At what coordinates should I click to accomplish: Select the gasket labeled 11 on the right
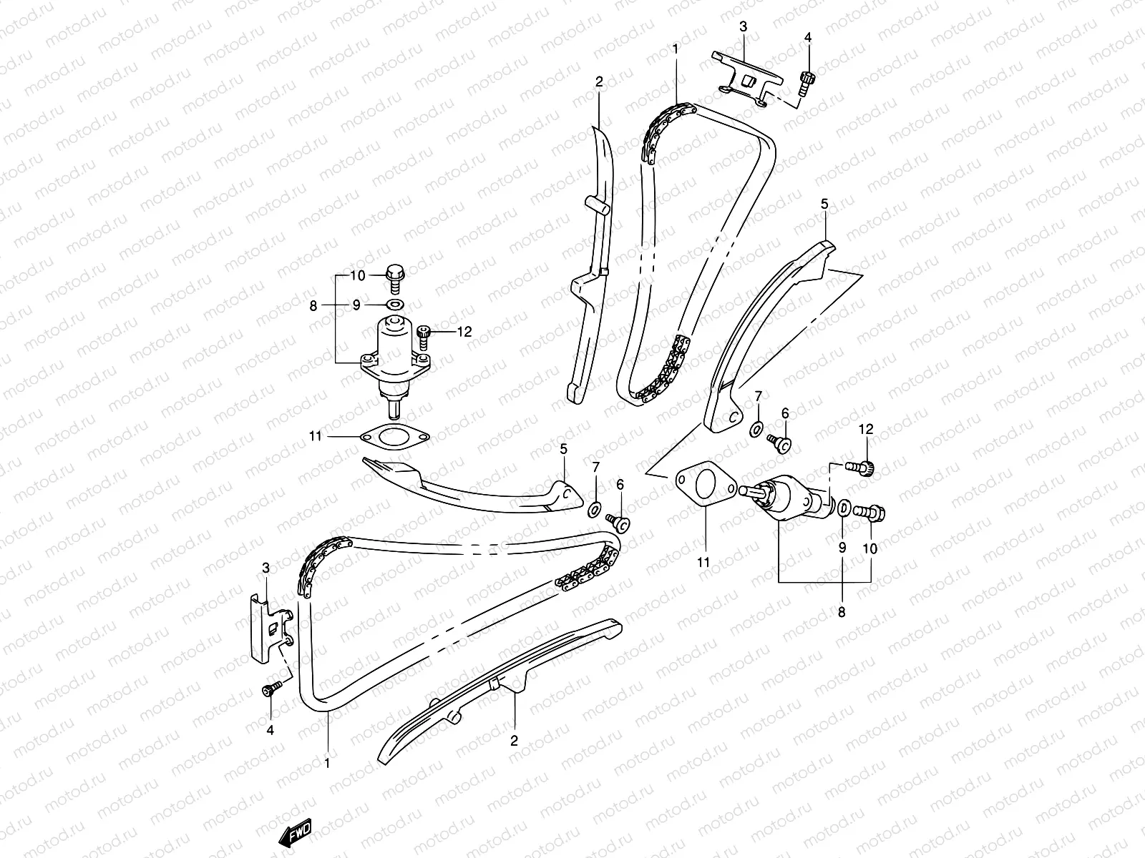[x=704, y=486]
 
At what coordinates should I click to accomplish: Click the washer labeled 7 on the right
[x=756, y=430]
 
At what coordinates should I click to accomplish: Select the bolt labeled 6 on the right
[x=779, y=444]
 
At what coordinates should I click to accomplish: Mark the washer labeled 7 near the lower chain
[x=594, y=509]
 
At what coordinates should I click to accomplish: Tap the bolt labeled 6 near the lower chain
[x=618, y=523]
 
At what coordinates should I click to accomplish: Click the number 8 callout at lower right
[x=842, y=612]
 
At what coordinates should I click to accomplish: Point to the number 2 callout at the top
[x=599, y=83]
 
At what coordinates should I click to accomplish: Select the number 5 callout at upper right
[x=824, y=204]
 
